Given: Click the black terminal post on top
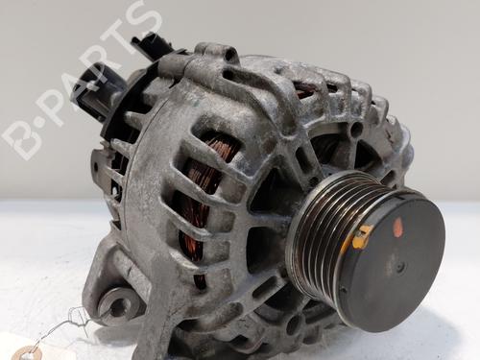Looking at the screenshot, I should click(153, 45).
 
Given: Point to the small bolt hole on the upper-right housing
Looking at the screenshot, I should click(356, 129).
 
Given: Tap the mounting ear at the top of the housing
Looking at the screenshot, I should click(215, 54).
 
